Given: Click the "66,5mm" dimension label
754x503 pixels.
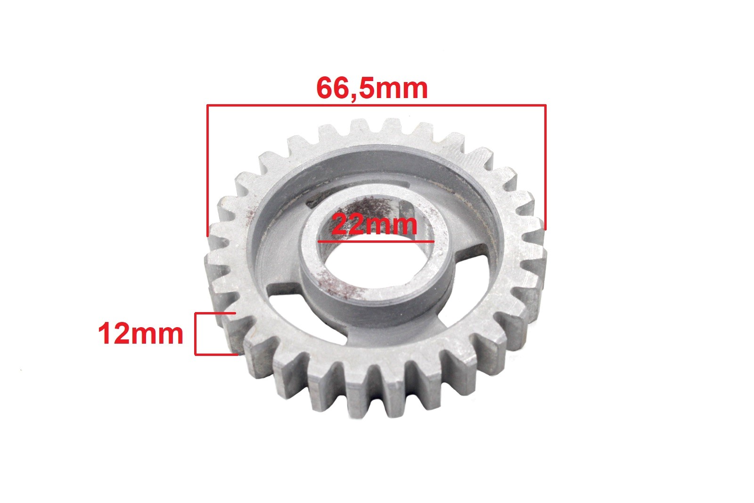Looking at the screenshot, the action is pos(372,88).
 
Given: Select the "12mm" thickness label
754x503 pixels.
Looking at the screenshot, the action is pos(141,333).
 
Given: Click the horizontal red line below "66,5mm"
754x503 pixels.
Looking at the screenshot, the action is pos(377,106).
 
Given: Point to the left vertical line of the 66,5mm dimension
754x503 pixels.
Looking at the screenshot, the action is pos(207,170).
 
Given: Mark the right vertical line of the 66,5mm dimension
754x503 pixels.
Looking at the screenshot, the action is pos(545,167).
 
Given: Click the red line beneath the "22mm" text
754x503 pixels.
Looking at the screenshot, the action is pos(376,241).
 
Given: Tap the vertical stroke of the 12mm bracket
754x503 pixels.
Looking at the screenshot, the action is pos(195,334).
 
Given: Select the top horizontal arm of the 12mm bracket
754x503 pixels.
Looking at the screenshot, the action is pos(215,313).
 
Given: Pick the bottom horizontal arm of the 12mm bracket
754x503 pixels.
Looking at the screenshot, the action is pos(216,354).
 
